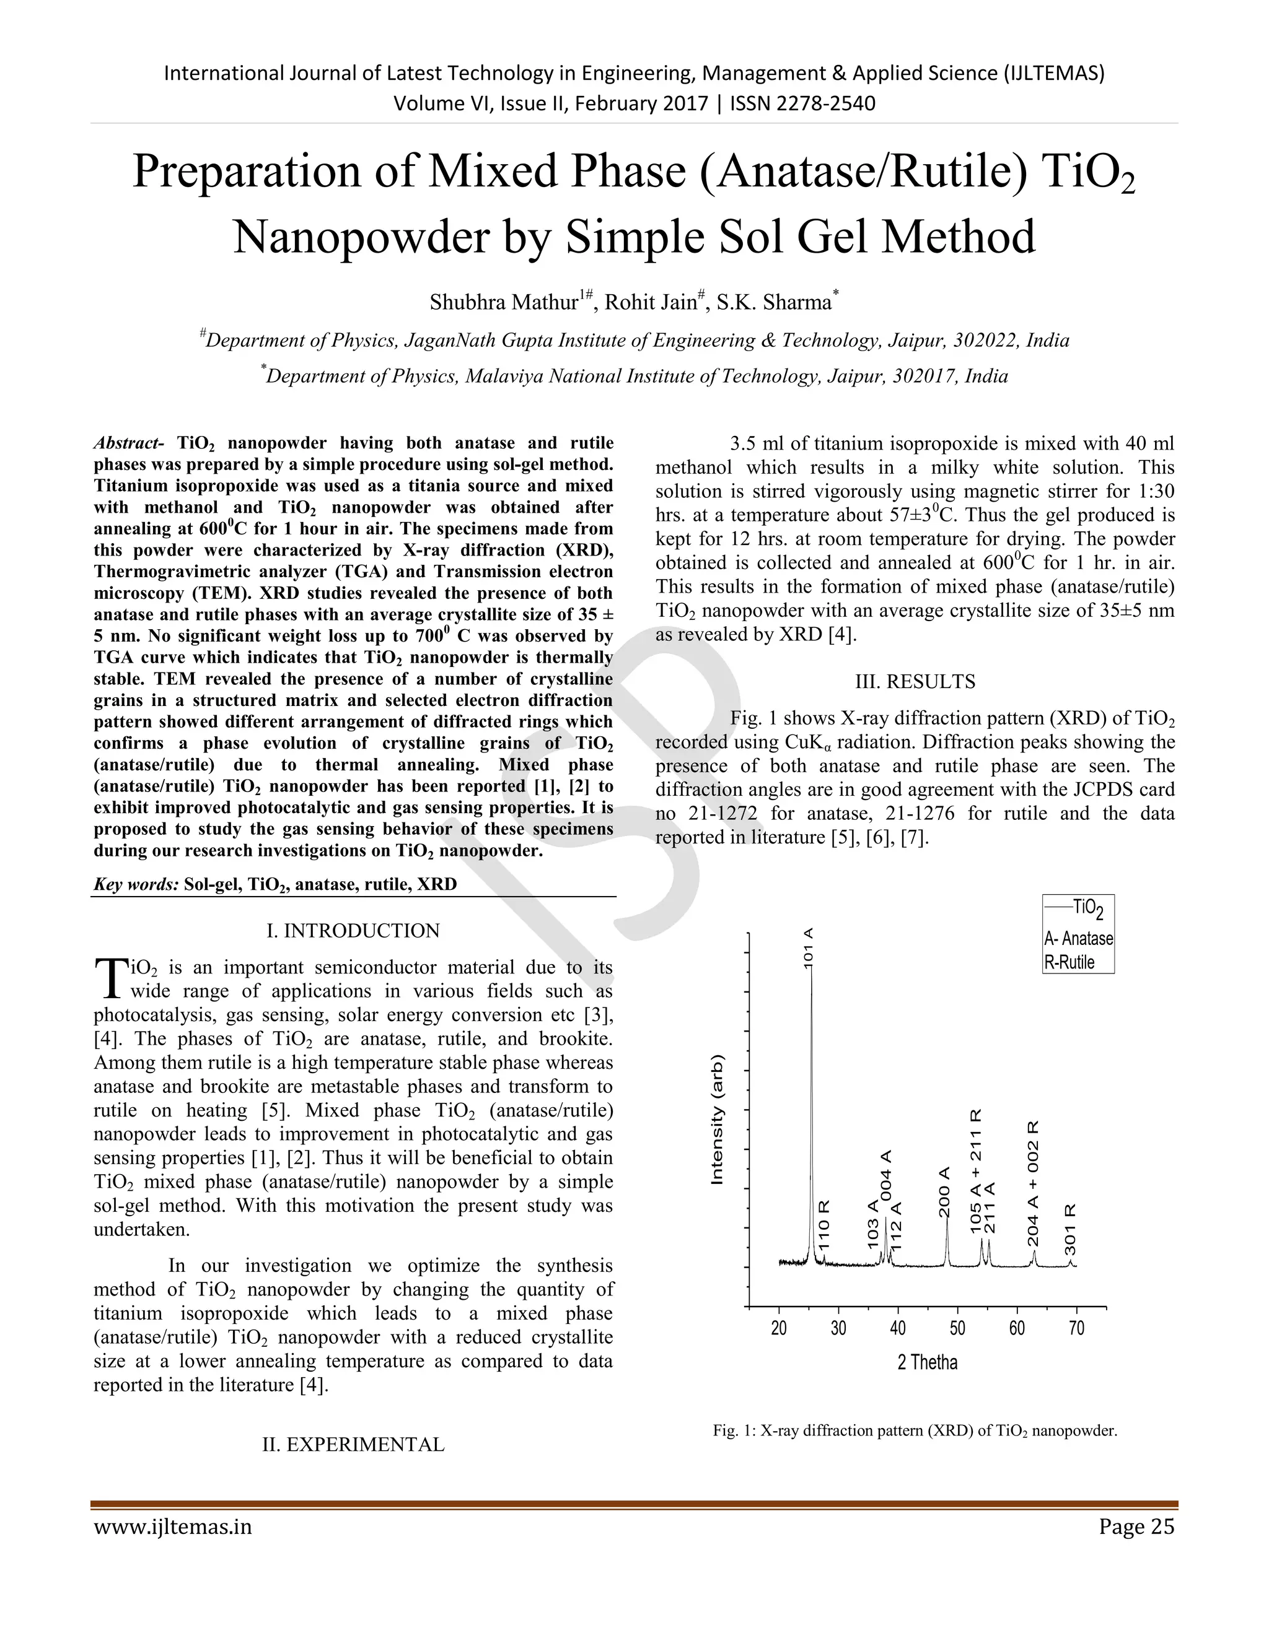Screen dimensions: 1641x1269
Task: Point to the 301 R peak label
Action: point(1071,1229)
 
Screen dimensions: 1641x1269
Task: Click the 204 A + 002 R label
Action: point(1034,1183)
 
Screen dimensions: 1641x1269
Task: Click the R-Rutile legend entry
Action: point(1069,962)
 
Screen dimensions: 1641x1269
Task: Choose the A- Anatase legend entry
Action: point(1078,938)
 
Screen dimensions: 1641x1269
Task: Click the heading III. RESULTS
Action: point(915,682)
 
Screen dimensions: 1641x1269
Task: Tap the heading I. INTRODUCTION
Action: point(353,930)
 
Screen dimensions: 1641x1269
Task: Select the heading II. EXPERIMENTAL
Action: point(353,1444)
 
